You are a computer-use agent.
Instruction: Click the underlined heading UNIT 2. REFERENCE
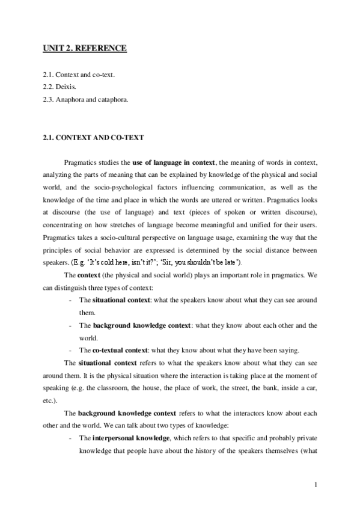pos(84,48)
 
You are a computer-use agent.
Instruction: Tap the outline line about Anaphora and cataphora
pos(85,98)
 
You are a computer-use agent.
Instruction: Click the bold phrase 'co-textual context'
pos(124,350)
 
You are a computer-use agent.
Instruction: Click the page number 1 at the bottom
pos(315,484)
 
